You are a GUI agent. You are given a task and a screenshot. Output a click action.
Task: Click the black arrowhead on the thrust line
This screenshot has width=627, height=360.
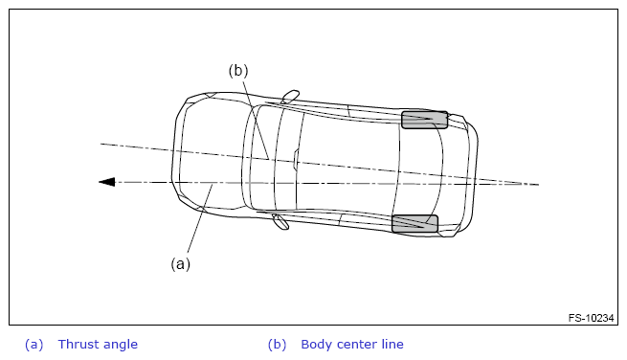107,182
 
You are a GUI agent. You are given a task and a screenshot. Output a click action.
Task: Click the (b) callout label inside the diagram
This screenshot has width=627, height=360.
238,71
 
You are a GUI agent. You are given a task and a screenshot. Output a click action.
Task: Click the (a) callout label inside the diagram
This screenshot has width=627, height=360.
180,264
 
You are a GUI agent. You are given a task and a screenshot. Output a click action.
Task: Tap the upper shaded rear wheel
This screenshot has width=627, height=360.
424,120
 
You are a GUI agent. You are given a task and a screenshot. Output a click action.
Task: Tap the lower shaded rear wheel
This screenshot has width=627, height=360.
414,224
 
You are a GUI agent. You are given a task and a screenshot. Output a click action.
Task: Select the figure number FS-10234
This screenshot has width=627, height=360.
591,318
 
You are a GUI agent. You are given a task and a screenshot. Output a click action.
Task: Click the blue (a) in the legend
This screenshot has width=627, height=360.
34,345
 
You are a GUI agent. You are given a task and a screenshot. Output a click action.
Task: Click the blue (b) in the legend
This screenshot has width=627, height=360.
277,345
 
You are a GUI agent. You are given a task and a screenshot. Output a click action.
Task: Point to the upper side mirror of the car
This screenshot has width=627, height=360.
290,97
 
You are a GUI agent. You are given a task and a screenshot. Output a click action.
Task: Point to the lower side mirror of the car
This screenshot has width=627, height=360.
280,221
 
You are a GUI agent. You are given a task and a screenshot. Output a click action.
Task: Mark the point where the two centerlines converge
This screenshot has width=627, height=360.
522,184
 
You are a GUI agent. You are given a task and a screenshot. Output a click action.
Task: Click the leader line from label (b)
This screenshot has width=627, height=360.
255,119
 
